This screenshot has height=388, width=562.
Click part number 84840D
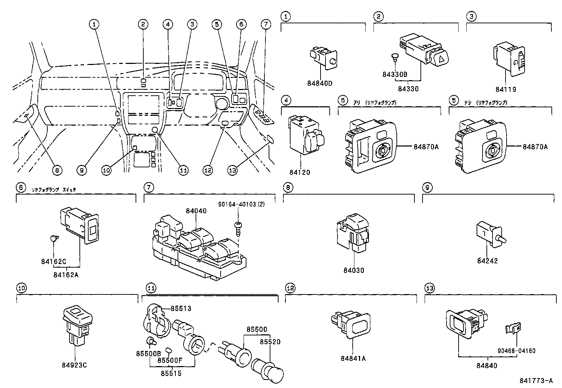(x=320, y=83)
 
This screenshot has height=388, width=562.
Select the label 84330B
(x=395, y=74)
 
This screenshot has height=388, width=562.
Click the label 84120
(x=300, y=172)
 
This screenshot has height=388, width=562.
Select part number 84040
(x=196, y=211)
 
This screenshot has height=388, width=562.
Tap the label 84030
(x=354, y=270)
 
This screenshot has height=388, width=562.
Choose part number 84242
(x=487, y=261)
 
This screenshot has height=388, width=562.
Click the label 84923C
(x=76, y=365)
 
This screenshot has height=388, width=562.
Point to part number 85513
(x=181, y=309)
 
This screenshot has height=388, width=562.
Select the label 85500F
(x=170, y=360)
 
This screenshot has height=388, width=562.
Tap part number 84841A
(x=353, y=358)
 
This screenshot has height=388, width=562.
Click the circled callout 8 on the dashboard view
(x=56, y=170)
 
